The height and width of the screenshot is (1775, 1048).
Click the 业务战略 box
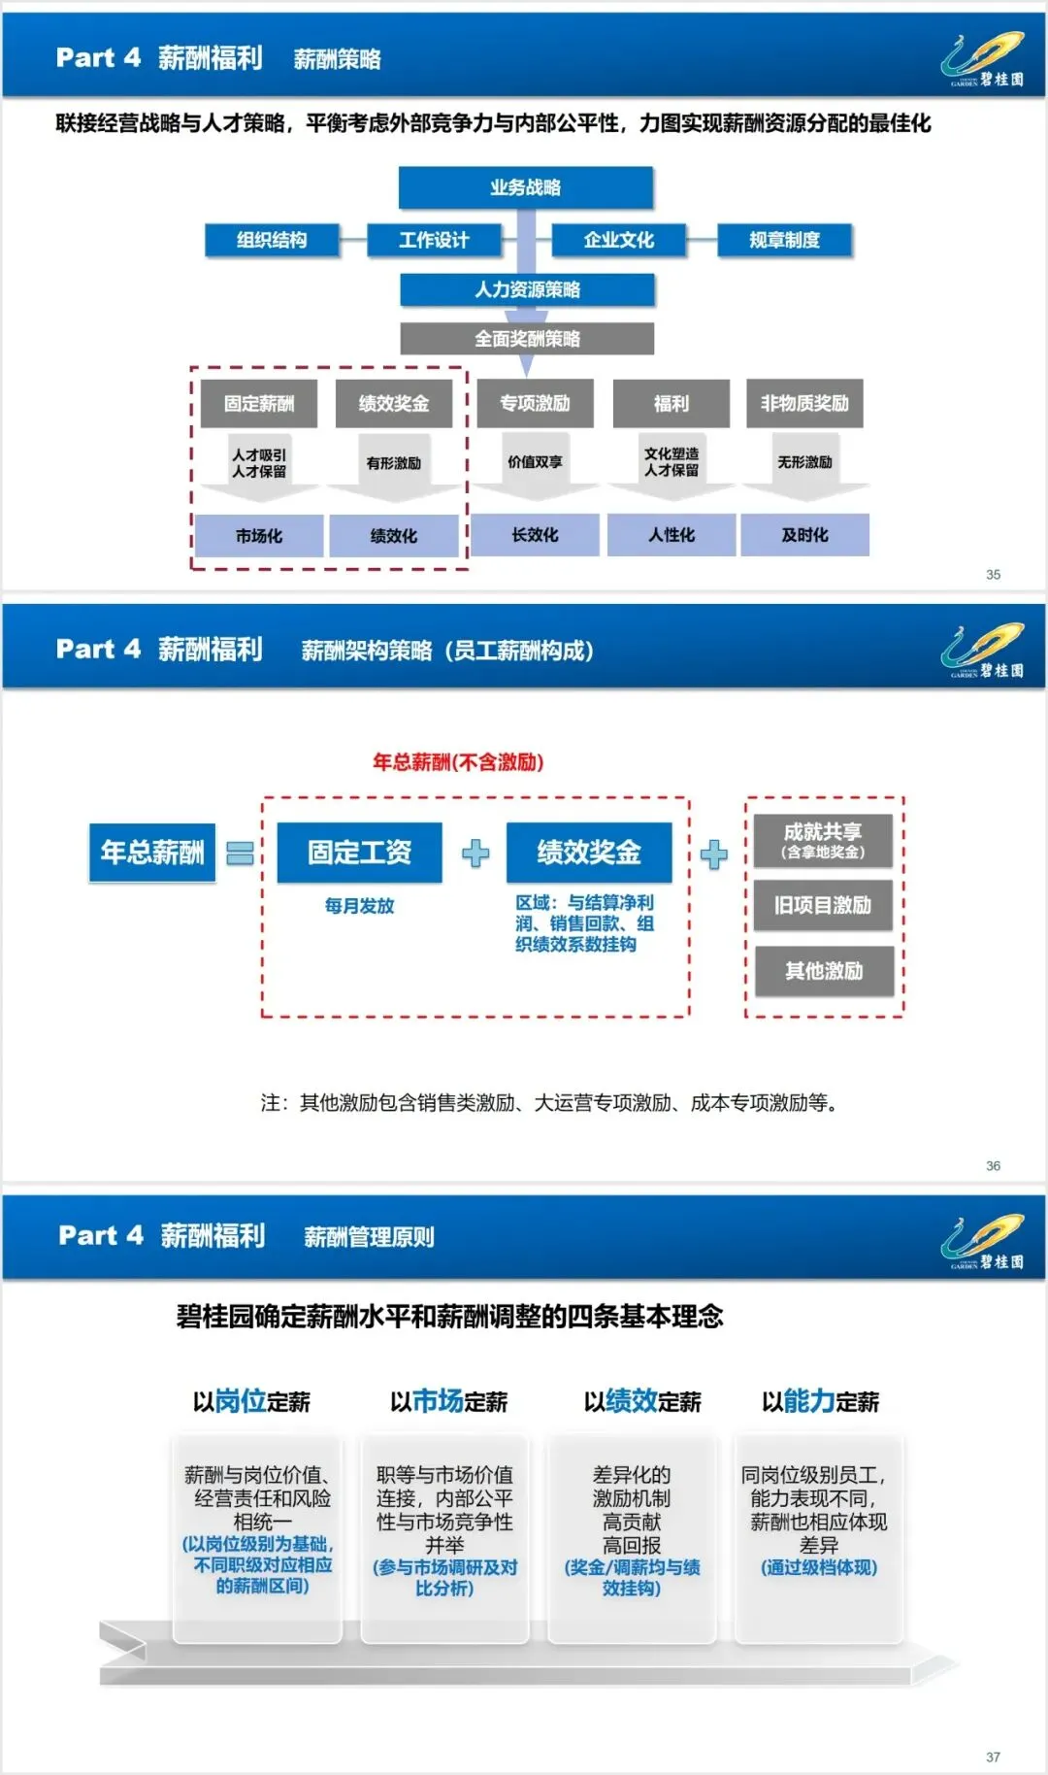[525, 187]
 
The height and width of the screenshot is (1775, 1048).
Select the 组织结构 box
[272, 240]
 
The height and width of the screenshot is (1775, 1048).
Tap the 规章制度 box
[784, 240]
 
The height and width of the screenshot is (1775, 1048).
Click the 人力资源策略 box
[527, 289]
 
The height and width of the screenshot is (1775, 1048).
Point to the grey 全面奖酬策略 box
[527, 339]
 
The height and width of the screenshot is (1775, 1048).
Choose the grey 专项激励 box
[535, 403]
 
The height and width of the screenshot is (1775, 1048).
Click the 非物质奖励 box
[804, 403]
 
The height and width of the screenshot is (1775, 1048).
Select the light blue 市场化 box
[259, 536]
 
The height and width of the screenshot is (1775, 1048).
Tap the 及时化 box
[804, 535]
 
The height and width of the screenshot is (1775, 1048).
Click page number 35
[993, 575]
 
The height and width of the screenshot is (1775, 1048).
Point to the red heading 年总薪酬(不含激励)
[458, 762]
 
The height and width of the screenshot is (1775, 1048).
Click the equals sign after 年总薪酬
[240, 854]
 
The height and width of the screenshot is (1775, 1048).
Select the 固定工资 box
[359, 853]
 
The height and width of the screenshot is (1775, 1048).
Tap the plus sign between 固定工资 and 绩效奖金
[475, 854]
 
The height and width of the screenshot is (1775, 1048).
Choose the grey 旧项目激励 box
[823, 905]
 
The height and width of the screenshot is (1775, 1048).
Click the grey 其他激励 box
[823, 971]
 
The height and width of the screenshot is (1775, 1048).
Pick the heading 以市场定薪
[448, 1401]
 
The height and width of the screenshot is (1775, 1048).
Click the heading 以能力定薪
[820, 1401]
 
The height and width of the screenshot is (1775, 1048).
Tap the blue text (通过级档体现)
[819, 1567]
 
